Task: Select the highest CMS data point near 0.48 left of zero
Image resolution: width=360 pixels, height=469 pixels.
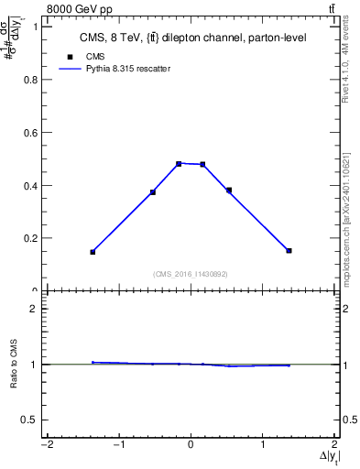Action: point(179,164)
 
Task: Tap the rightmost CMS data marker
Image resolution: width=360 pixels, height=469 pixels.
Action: point(289,250)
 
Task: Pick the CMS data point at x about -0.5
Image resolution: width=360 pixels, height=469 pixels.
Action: point(153,191)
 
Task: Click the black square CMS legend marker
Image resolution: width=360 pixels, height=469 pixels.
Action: point(71,56)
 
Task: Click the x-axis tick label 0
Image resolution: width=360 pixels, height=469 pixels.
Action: point(191,445)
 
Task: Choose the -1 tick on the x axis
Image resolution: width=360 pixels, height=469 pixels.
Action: point(118,445)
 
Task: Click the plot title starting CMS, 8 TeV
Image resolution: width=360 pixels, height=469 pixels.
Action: point(191,38)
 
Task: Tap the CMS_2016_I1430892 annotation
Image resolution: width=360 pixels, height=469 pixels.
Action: point(191,273)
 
